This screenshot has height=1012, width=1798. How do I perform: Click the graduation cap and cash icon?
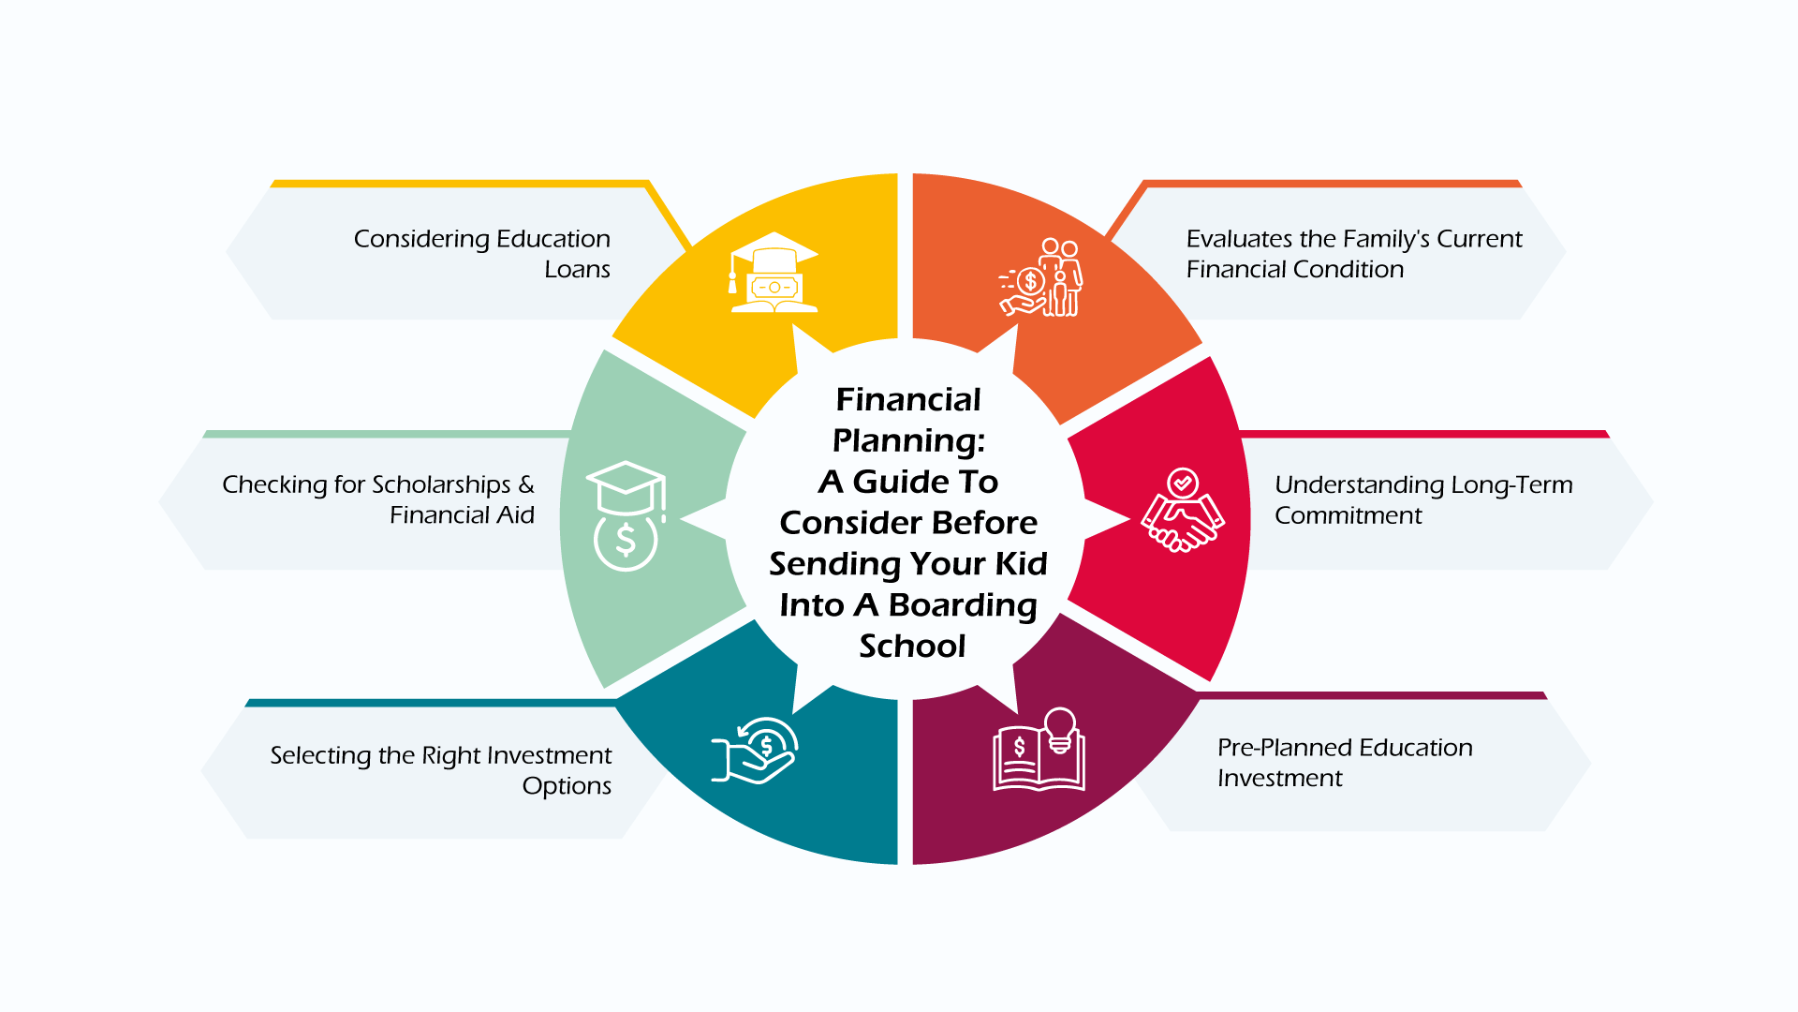point(774,273)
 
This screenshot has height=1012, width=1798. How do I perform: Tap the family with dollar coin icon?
point(1041,278)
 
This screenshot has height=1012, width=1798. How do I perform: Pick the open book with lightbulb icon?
point(1039,752)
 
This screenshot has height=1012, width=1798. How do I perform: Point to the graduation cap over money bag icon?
point(626,515)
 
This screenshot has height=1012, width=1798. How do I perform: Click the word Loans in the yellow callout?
point(577,270)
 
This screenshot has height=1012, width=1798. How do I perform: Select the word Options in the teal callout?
point(567,786)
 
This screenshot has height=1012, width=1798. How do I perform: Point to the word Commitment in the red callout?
point(1348,516)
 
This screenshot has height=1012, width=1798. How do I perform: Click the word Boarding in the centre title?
point(963,605)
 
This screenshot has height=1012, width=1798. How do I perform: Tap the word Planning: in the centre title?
point(908,440)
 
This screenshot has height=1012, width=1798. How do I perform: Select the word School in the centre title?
point(912,647)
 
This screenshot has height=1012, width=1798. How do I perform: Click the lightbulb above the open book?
point(1060,727)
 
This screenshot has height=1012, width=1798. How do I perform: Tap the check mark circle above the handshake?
point(1183,483)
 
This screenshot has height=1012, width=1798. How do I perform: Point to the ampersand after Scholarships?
point(526,484)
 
